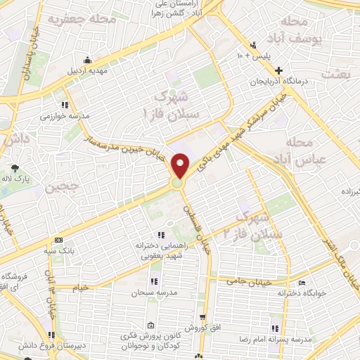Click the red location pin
pos(181,166)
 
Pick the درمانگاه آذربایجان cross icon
pos(280,70)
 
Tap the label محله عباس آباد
pos(304,151)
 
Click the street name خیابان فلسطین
pos(196,229)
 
